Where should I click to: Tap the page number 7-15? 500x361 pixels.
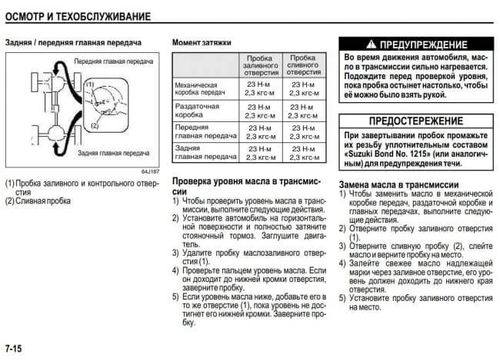(13, 349)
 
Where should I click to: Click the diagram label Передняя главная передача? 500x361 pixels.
(114, 60)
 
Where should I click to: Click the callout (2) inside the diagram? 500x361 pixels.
(95, 122)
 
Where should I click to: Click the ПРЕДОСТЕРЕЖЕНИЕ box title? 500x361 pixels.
(415, 121)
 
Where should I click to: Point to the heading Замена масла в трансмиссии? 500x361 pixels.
(398, 185)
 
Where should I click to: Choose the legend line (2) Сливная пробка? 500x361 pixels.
(38, 201)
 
